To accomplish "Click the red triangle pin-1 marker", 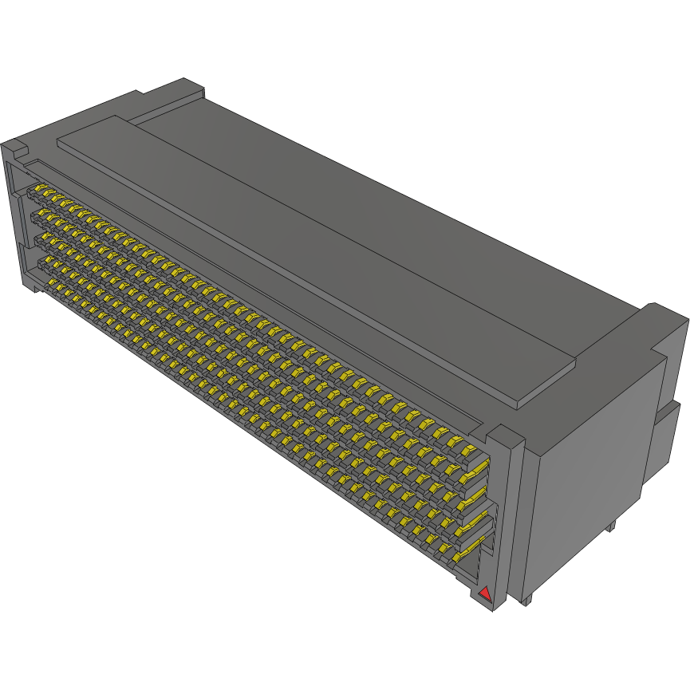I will (484, 593).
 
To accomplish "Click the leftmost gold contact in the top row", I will (37, 191).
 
